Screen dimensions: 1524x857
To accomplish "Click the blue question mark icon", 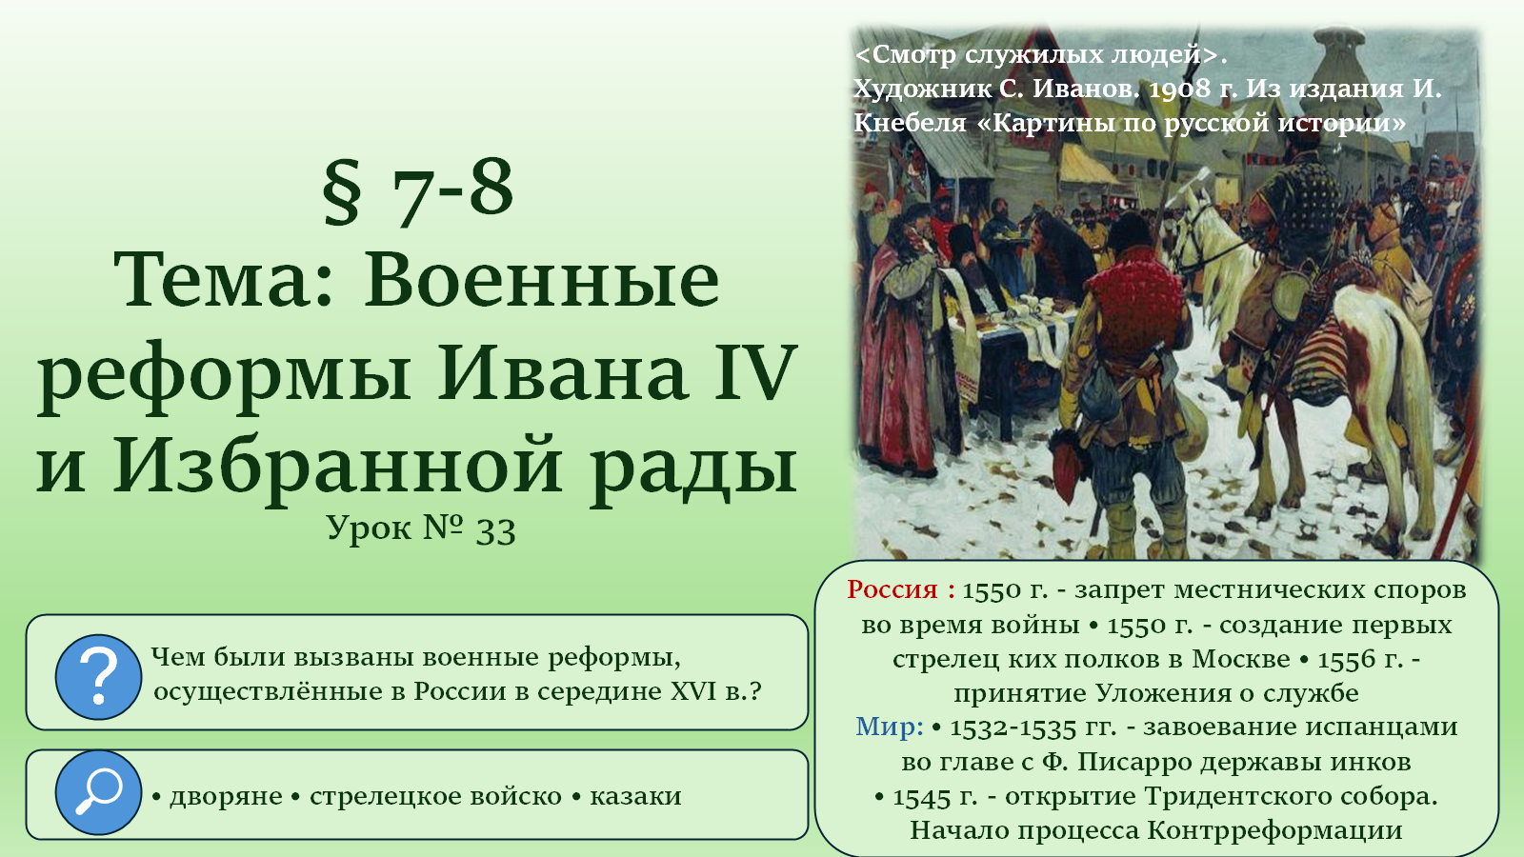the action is (x=99, y=677).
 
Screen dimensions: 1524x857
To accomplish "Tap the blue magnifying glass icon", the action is (x=99, y=792).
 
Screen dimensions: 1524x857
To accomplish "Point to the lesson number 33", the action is (x=495, y=530).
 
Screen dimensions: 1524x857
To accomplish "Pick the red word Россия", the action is (x=892, y=589).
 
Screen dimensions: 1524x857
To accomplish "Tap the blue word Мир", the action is (x=883, y=727).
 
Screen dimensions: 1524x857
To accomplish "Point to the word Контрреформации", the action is (x=1275, y=830).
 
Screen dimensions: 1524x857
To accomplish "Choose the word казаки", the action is (x=635, y=796).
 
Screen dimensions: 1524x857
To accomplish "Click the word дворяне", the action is (x=226, y=796).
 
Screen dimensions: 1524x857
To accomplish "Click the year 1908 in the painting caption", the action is (x=1180, y=90).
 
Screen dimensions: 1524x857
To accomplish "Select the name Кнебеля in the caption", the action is (x=910, y=123).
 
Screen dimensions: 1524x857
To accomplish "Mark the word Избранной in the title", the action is (x=337, y=466).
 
